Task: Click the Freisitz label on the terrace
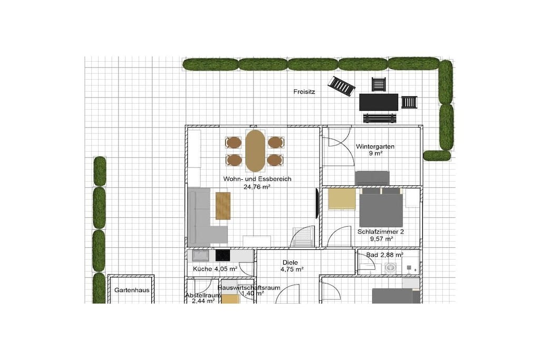[x=304, y=92]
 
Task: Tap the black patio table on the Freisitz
[x=379, y=102]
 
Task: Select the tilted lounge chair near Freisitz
[x=341, y=86]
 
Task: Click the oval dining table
[x=255, y=151]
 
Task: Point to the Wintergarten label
[x=375, y=147]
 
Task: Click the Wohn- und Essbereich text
[x=257, y=179]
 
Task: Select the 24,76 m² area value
[x=257, y=187]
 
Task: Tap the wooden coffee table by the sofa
[x=223, y=206]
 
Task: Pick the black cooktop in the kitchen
[x=223, y=255]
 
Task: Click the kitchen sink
[x=200, y=256]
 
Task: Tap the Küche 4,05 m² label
[x=215, y=269]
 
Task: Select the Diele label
[x=290, y=262]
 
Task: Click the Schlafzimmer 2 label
[x=381, y=232]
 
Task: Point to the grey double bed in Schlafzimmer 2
[x=381, y=207]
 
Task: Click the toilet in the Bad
[x=390, y=267]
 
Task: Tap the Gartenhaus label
[x=132, y=290]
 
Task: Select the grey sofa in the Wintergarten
[x=372, y=178]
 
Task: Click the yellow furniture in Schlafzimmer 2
[x=342, y=199]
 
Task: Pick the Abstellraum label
[x=203, y=295]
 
